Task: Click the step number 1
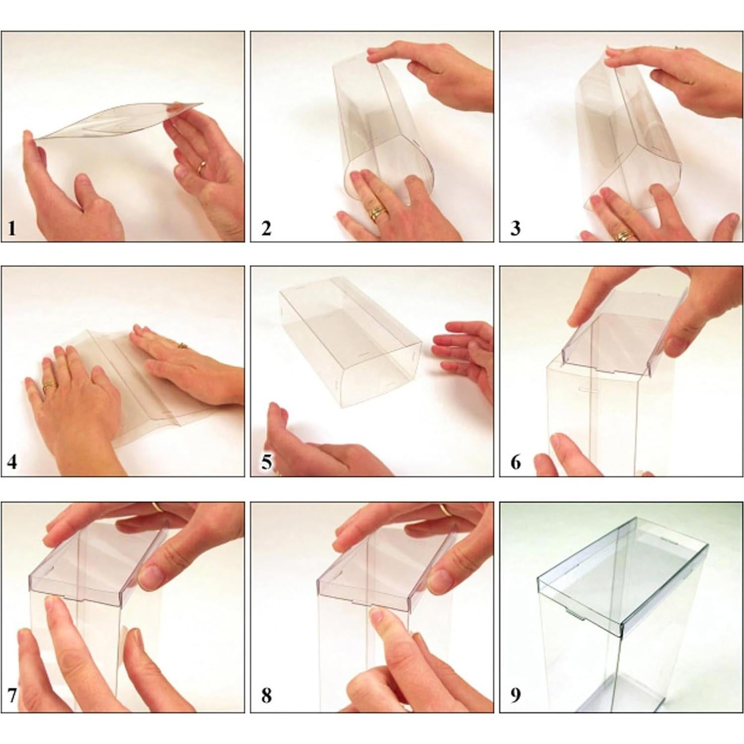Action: click(12, 229)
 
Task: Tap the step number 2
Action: click(266, 229)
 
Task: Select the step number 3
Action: click(515, 229)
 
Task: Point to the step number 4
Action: click(12, 462)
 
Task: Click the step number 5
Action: click(266, 462)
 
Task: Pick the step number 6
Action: click(515, 462)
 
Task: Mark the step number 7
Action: click(12, 694)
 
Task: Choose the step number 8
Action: click(266, 694)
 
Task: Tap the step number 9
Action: click(515, 694)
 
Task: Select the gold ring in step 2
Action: click(378, 213)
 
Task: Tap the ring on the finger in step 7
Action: click(157, 507)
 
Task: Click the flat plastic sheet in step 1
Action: click(119, 121)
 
